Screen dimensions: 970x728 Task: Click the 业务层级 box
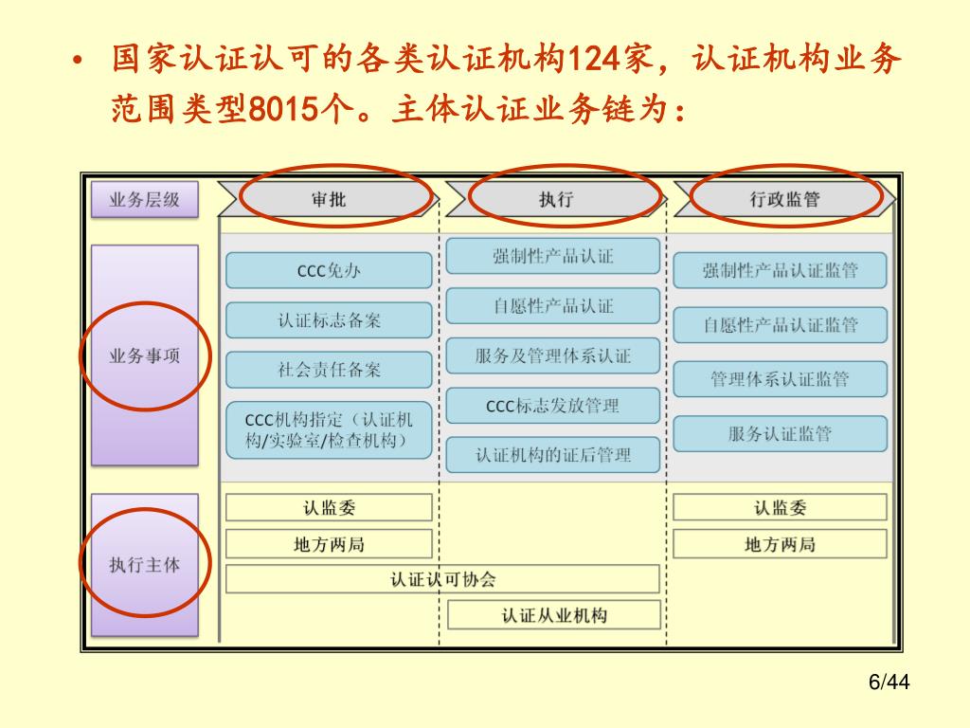pos(144,199)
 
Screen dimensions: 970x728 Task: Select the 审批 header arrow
pos(329,199)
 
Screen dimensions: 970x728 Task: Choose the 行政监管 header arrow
pos(784,199)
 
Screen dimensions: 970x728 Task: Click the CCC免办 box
pos(328,271)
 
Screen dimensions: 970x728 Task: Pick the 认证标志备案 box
pos(328,320)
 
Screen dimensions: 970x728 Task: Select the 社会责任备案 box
pos(328,370)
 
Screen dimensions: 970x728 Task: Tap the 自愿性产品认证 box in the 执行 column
pos(552,306)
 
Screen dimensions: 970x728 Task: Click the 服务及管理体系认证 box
pos(552,356)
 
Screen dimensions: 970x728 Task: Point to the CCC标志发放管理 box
pos(552,406)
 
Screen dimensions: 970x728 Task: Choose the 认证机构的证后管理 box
pos(552,455)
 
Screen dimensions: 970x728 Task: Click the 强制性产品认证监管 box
pos(780,271)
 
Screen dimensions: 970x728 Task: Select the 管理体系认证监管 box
pos(780,379)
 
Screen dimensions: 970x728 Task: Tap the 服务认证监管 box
pos(780,434)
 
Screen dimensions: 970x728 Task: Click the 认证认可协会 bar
pos(442,579)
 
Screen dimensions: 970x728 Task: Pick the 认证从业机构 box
pos(553,616)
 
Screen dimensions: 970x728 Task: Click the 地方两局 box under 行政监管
pos(780,544)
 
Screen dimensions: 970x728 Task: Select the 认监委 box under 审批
pos(328,508)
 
